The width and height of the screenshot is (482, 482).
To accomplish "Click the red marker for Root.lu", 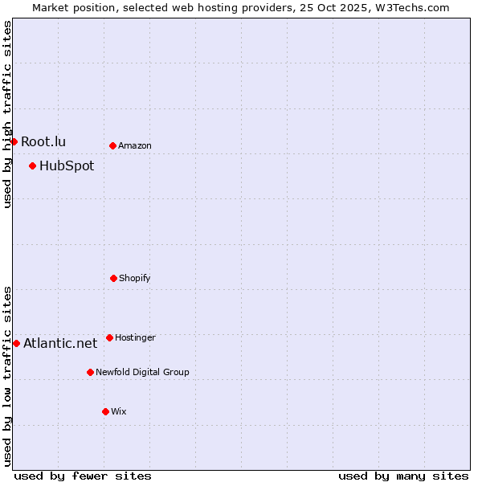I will [14, 141].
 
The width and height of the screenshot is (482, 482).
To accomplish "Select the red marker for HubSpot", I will [32, 165].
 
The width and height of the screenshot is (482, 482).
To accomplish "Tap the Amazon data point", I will [112, 145].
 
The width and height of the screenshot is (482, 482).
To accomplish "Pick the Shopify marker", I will [113, 278].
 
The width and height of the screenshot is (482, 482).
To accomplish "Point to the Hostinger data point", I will [109, 337].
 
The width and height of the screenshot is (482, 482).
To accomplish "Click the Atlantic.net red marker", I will [16, 343].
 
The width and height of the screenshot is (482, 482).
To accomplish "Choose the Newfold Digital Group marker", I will [90, 372].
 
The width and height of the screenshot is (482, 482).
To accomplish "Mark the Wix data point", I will [105, 411].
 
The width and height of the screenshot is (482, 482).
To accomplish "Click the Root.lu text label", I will [43, 142].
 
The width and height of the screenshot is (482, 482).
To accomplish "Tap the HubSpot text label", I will [67, 166].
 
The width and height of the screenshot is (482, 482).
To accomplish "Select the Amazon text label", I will [135, 146].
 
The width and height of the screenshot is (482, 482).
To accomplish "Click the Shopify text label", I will [135, 279].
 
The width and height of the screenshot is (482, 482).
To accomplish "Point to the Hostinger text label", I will [135, 338].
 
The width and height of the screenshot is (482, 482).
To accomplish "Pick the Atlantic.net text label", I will [60, 344].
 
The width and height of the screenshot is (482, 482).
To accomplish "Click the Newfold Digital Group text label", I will [142, 373].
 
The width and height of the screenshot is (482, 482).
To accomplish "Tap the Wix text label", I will [119, 412].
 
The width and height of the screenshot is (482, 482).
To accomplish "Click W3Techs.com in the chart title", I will [411, 7].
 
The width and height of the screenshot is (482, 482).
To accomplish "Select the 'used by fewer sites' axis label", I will [83, 476].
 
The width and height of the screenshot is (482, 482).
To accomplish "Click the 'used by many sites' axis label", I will [403, 476].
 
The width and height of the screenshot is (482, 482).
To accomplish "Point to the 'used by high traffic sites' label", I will [7, 114].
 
